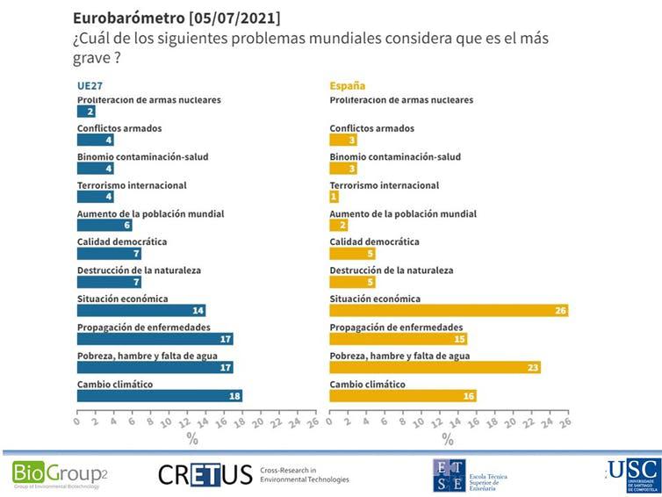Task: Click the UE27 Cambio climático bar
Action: [159, 396]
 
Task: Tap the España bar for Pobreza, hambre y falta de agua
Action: [435, 368]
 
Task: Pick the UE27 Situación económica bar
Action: [141, 311]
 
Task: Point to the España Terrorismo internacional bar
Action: [334, 197]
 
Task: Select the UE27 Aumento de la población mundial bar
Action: [104, 225]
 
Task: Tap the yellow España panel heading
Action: [347, 86]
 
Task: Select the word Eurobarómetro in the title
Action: [122, 18]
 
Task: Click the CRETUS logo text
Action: [205, 475]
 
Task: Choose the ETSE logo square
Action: [449, 475]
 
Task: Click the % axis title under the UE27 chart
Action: [192, 438]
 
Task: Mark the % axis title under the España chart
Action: [448, 438]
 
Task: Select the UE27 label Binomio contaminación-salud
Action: [142, 156]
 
